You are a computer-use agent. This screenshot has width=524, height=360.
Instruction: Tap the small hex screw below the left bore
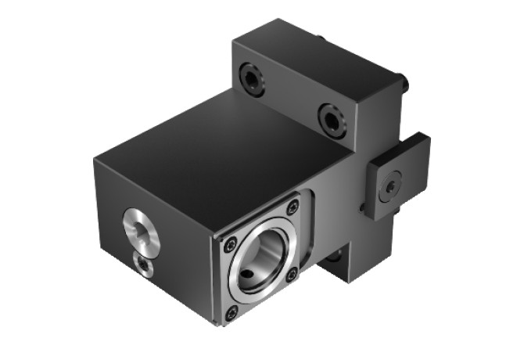coord(145,265)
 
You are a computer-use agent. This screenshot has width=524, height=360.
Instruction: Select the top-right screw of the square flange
coord(293,207)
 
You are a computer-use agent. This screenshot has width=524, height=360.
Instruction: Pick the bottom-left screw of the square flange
coord(231,313)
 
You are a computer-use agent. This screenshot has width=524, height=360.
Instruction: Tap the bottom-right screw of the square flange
coord(292,274)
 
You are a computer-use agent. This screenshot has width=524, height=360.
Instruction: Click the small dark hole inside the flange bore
coord(249,275)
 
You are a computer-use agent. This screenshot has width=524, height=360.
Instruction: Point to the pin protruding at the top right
coord(404,81)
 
